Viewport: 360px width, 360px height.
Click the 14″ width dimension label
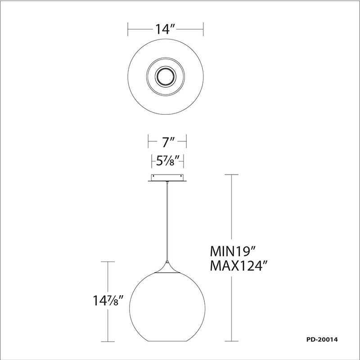[165, 29]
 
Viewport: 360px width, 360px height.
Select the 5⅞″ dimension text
[167, 161]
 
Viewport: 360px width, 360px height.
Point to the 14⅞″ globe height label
[108, 300]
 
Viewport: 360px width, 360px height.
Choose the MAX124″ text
[239, 266]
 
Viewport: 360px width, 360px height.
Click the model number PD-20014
[322, 339]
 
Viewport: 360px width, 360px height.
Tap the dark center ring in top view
[165, 76]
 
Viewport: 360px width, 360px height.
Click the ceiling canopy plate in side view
[167, 178]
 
